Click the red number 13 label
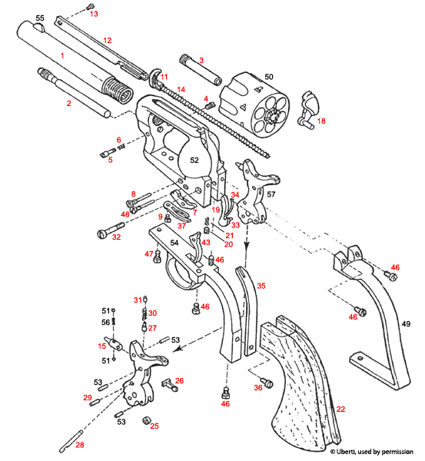[94, 14]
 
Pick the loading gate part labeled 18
[313, 108]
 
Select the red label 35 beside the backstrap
[261, 285]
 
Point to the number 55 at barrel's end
[40, 18]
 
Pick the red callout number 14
[181, 90]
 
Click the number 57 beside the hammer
[292, 196]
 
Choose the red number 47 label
[149, 254]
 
